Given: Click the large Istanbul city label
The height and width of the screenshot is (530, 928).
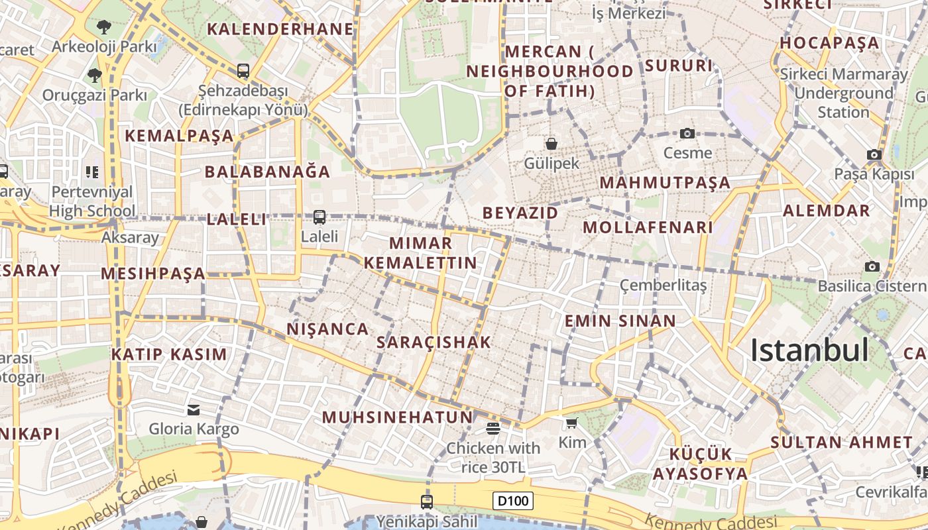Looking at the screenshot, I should point(809,350).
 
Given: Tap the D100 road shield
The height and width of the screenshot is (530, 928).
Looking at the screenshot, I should point(514,501).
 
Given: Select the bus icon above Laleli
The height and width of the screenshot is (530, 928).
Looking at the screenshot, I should point(319,217).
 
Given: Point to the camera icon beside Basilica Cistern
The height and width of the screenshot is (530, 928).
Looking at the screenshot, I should point(872,266).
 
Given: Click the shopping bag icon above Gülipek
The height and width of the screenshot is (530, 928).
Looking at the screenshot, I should point(551,143).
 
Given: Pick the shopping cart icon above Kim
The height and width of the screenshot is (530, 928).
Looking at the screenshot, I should point(572,423).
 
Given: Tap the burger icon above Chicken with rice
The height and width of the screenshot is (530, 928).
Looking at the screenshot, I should point(493,428).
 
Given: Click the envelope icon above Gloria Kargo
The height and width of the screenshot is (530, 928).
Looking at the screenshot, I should point(194,409).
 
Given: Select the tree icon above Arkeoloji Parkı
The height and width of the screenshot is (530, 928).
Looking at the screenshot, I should point(103,27).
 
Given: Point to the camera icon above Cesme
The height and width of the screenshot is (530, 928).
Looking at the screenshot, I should point(687,133).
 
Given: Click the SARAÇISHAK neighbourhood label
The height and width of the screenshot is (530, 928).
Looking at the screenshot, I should point(434,342).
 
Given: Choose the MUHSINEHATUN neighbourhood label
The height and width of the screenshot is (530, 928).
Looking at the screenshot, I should point(398,417).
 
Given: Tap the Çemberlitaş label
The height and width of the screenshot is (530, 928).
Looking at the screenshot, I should point(663,285).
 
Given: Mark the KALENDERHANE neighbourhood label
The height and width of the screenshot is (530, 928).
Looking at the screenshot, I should point(280,29).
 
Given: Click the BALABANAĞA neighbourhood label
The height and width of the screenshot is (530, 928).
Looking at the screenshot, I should point(267,172).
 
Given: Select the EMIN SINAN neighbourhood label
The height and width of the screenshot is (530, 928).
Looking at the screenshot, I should point(620,321).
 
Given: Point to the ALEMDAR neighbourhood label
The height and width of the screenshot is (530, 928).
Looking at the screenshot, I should point(826,211).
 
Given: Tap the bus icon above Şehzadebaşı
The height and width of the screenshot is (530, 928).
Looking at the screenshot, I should point(243,71).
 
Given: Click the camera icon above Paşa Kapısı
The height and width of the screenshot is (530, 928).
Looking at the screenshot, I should point(874,155).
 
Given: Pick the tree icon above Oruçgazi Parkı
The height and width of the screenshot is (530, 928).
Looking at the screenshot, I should point(95,75).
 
